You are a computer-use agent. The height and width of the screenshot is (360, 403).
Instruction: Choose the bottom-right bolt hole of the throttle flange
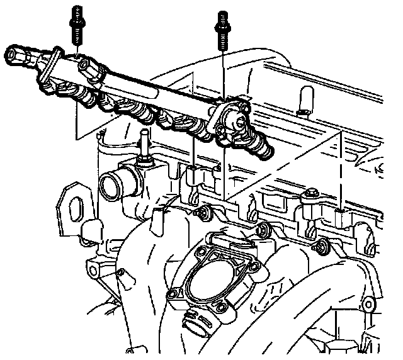222,306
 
